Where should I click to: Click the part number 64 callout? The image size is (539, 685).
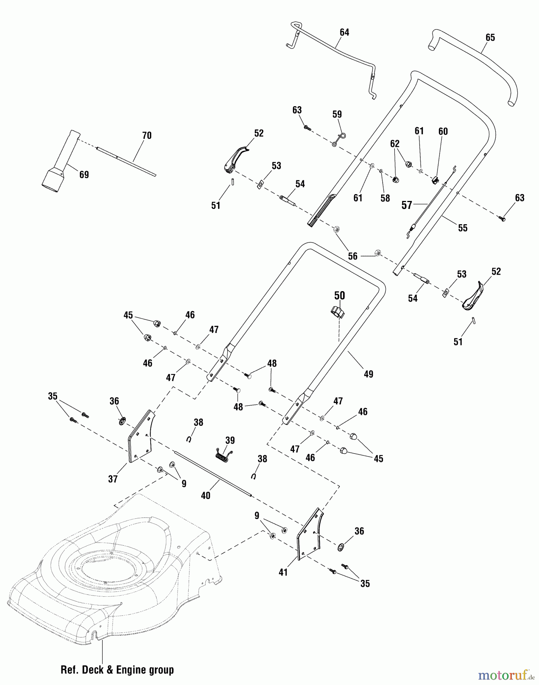(344, 32)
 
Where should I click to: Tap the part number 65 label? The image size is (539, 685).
(490, 37)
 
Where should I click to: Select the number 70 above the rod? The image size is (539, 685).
(147, 135)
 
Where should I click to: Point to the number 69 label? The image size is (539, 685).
(84, 175)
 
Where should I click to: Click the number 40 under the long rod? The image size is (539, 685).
(205, 495)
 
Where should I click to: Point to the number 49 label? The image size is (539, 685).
(368, 374)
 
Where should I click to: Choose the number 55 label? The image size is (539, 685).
(463, 228)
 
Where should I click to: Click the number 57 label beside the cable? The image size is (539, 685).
(407, 205)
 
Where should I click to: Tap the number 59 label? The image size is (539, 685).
(337, 114)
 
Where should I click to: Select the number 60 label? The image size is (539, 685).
(443, 131)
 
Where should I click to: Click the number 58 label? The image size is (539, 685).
(385, 198)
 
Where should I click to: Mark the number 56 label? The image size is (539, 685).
(353, 256)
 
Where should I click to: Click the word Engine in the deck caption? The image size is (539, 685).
(130, 669)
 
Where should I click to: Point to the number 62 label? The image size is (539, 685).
(395, 143)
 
